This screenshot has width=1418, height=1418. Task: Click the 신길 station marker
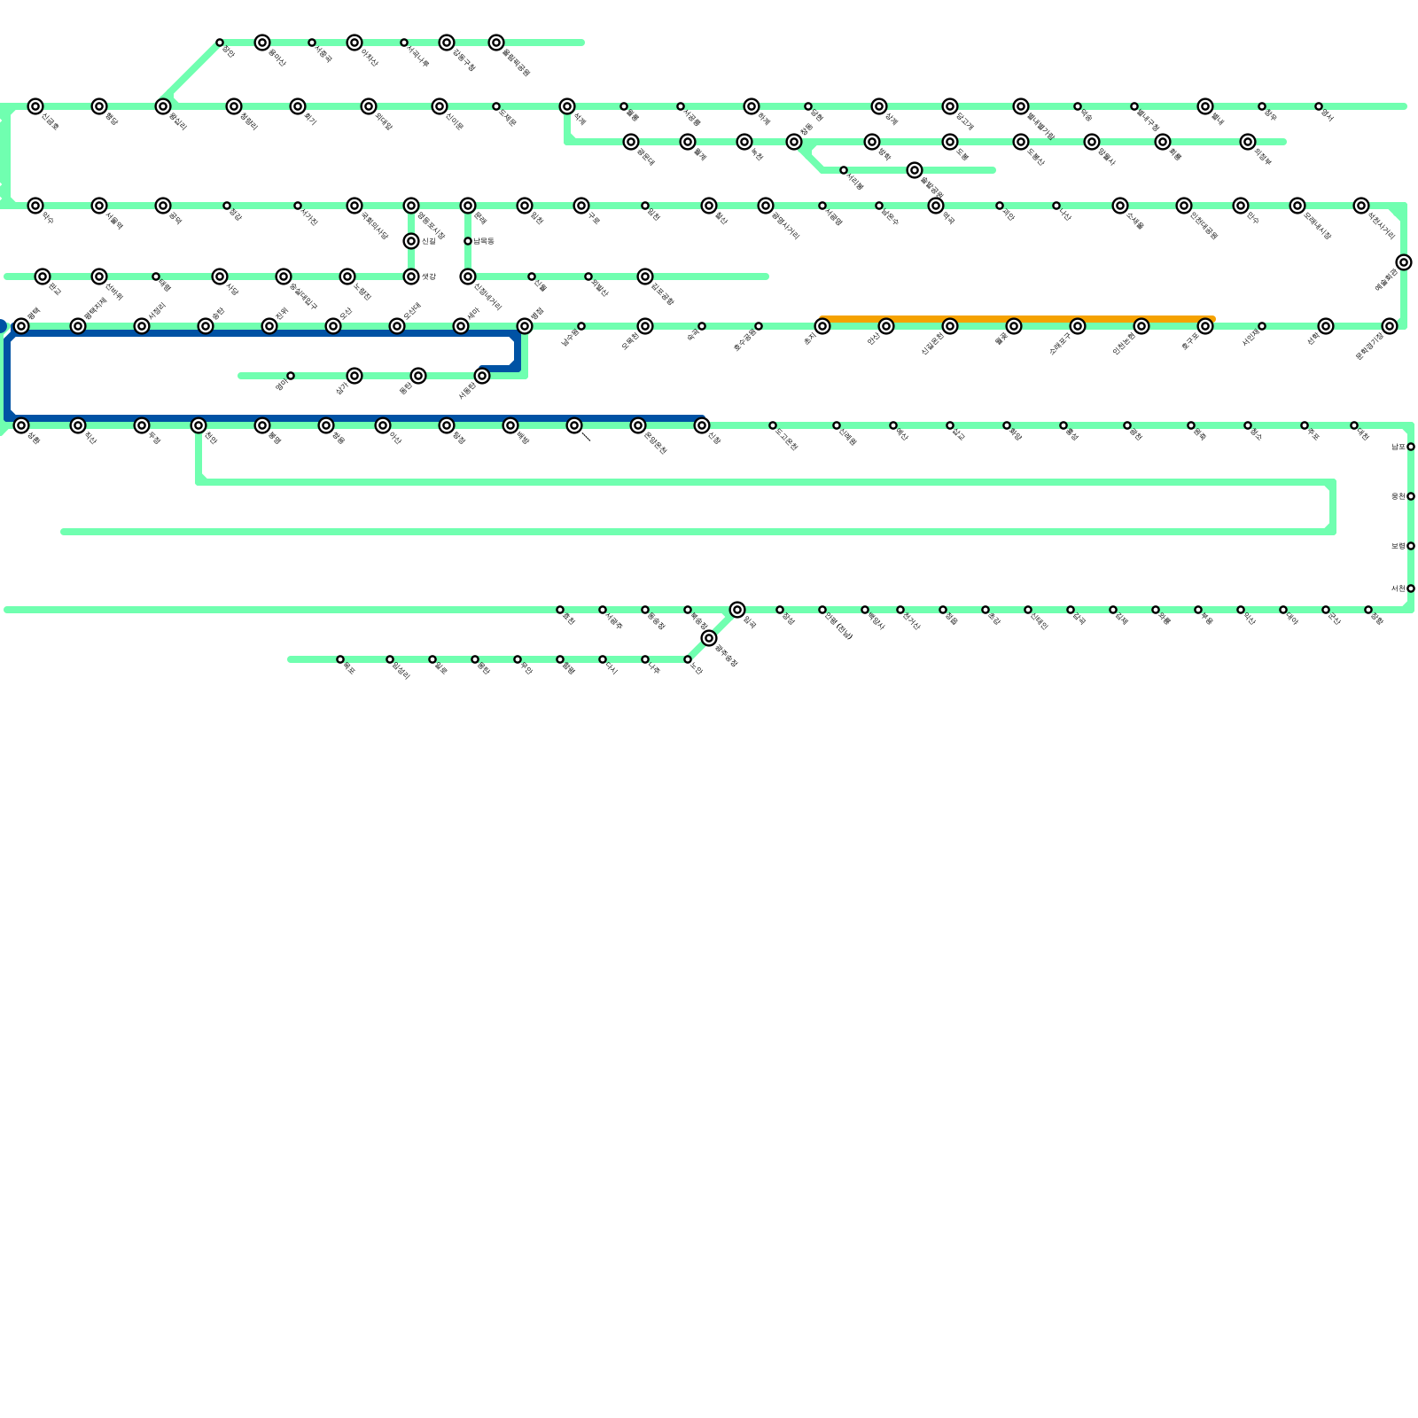click(x=411, y=241)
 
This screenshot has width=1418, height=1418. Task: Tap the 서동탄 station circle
click(x=482, y=376)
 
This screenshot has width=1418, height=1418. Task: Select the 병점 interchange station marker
click(x=525, y=326)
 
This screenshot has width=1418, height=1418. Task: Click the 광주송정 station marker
click(x=709, y=638)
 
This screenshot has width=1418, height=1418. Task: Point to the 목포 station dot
click(x=340, y=659)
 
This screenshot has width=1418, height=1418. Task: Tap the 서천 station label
click(x=1397, y=588)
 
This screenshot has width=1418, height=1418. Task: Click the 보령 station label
click(x=1397, y=546)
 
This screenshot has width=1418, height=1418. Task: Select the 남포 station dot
click(x=1411, y=447)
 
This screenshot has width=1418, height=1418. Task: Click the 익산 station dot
click(x=1241, y=610)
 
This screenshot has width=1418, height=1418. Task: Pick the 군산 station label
click(x=1334, y=619)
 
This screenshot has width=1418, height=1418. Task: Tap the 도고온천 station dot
click(x=773, y=425)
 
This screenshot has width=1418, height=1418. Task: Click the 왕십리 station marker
click(x=163, y=106)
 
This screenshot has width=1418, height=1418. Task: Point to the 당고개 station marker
click(x=950, y=106)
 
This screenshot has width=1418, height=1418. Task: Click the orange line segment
click(x=1019, y=318)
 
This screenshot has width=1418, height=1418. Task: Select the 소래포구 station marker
click(x=1078, y=326)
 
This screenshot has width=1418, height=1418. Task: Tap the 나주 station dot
click(x=645, y=659)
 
